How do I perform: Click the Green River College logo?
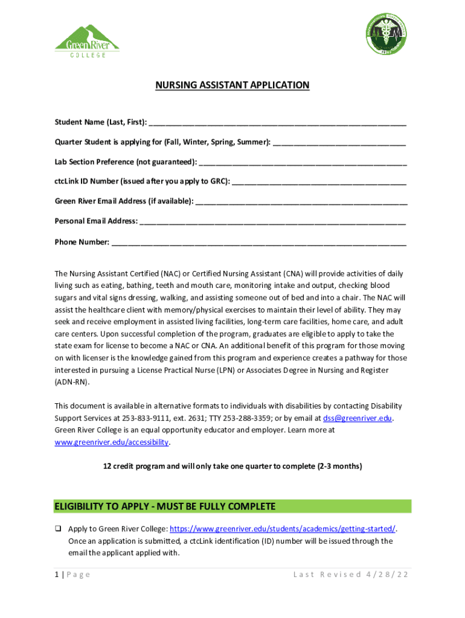pos(87,41)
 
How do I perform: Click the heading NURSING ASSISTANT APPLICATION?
pos(232,85)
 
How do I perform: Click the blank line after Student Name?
pos(277,124)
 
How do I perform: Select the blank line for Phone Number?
pos(259,243)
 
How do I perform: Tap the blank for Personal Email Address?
pos(272,222)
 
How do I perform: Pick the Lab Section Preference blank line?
pos(303,163)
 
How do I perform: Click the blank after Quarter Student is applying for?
pos(339,143)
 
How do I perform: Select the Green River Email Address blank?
pos(301,202)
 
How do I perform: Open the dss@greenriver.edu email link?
pos(358,418)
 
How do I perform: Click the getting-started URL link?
pos(283,529)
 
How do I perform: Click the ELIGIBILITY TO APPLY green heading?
pos(165,506)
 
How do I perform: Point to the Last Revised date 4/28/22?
pos(386,575)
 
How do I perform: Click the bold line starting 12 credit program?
pos(232,467)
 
